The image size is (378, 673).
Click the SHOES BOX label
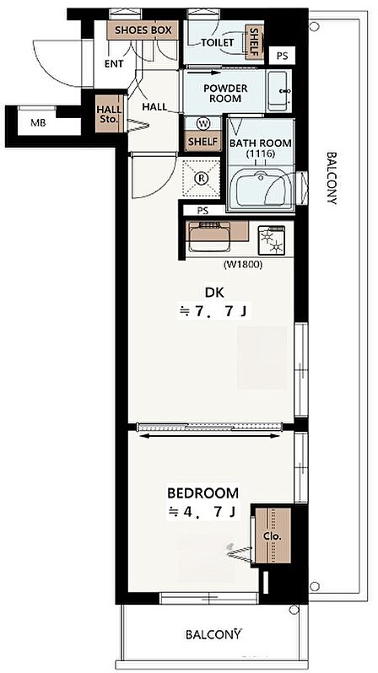pyautogui.click(x=143, y=30)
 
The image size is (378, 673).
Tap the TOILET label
pyautogui.click(x=218, y=42)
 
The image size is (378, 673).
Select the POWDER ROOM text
pyautogui.click(x=225, y=93)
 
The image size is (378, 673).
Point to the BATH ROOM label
pyautogui.click(x=261, y=148)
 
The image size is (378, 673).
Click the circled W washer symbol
pyautogui.click(x=203, y=124)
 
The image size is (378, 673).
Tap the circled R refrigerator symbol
pyautogui.click(x=201, y=178)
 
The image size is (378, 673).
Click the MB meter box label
pyautogui.click(x=38, y=123)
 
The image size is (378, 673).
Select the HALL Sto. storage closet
pyautogui.click(x=109, y=114)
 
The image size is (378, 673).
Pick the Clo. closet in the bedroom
pyautogui.click(x=273, y=536)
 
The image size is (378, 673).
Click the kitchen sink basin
pyautogui.click(x=209, y=237)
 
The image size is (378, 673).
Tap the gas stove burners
pyautogui.click(x=271, y=241)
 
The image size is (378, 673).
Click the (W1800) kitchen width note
pyautogui.click(x=243, y=265)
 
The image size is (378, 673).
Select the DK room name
pyautogui.click(x=214, y=293)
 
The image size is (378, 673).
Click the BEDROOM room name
pyautogui.click(x=202, y=493)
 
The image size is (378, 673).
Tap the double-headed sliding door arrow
pyautogui.click(x=210, y=436)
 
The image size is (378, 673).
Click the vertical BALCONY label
pyautogui.click(x=332, y=178)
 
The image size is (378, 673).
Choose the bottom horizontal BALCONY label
pyautogui.click(x=214, y=634)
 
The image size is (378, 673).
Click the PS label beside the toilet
pyautogui.click(x=282, y=55)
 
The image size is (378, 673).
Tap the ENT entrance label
pyautogui.click(x=114, y=64)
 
